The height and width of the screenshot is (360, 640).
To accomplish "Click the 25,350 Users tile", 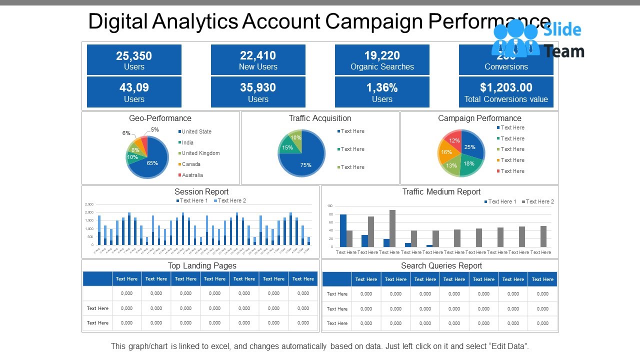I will click(x=134, y=60).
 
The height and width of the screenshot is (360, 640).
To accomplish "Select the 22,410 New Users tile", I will click(x=258, y=60).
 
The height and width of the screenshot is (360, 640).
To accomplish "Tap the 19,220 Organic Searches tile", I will click(x=382, y=60).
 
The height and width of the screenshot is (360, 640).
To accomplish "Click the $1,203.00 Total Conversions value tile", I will click(x=506, y=92).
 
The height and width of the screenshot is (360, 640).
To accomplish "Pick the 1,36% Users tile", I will click(x=382, y=92).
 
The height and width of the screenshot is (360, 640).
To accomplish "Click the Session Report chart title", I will click(x=201, y=191).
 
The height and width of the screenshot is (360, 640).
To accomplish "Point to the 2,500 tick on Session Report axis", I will click(x=89, y=204).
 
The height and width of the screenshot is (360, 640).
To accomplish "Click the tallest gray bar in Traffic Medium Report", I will click(x=392, y=228).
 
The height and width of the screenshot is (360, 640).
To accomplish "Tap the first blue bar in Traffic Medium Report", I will click(x=343, y=230).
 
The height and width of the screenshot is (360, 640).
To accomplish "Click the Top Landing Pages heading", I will click(x=202, y=265).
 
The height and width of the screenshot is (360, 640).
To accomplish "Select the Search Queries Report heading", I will click(x=441, y=265).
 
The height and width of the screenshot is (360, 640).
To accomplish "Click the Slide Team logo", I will click(x=537, y=40).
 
